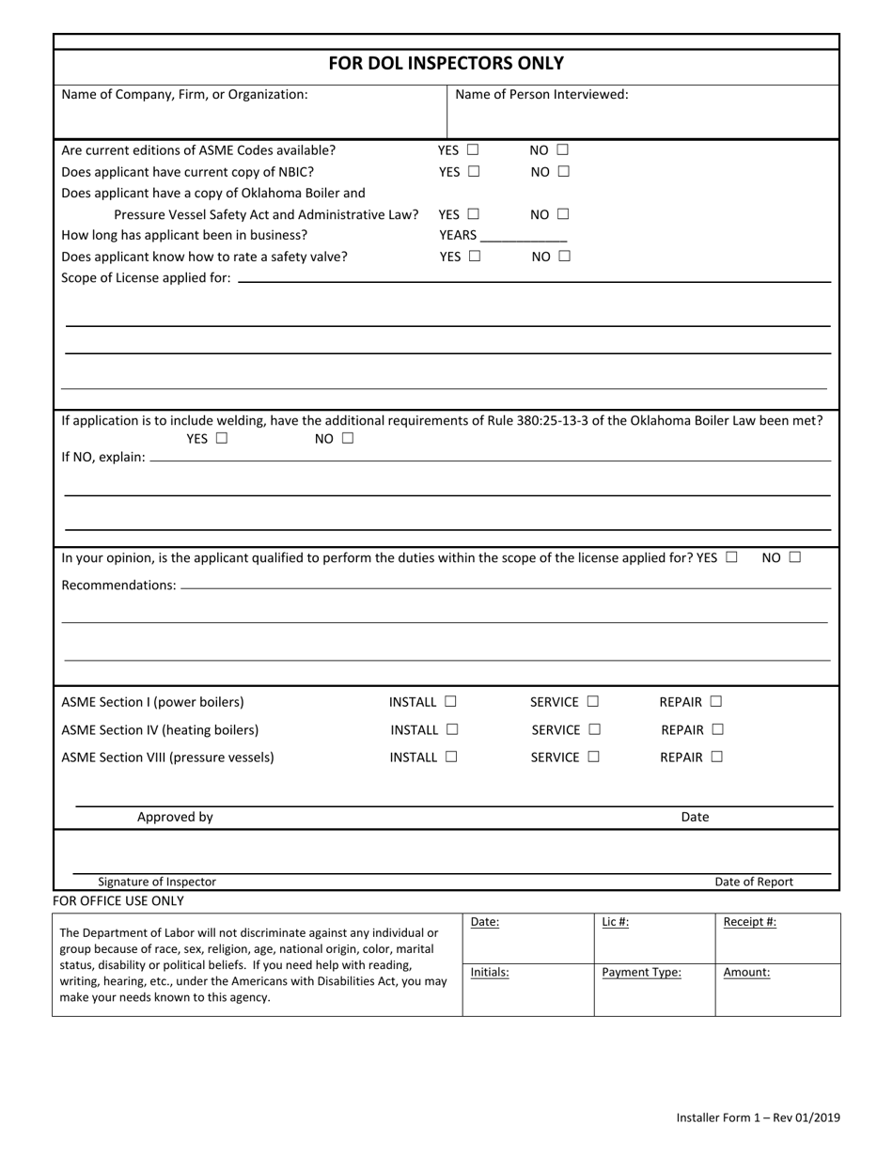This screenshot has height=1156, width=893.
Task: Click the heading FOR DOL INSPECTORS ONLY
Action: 446,64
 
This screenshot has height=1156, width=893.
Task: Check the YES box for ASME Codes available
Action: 472,149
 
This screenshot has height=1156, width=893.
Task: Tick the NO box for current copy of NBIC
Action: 563,172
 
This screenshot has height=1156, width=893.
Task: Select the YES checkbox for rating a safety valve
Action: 474,256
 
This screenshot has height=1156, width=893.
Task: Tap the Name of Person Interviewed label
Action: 541,94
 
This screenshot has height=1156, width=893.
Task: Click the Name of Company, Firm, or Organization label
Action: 184,94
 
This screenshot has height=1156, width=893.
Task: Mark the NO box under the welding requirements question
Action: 347,438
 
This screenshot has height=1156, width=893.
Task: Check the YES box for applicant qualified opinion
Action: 731,557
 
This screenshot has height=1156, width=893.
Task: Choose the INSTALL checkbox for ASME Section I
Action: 450,701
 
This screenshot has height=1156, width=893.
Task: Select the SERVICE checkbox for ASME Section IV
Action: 594,729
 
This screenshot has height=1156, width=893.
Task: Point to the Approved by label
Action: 175,817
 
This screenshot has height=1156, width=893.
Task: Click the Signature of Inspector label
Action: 157,882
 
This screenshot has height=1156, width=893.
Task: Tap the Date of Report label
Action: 754,882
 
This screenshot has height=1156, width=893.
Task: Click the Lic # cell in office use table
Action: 653,937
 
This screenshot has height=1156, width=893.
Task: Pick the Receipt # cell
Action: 777,937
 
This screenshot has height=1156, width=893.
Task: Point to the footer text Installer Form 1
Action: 758,1117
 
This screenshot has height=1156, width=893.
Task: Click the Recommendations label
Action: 118,586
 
